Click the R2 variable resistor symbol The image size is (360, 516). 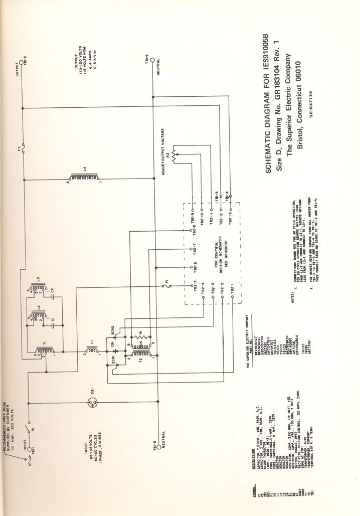(x=174, y=156)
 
